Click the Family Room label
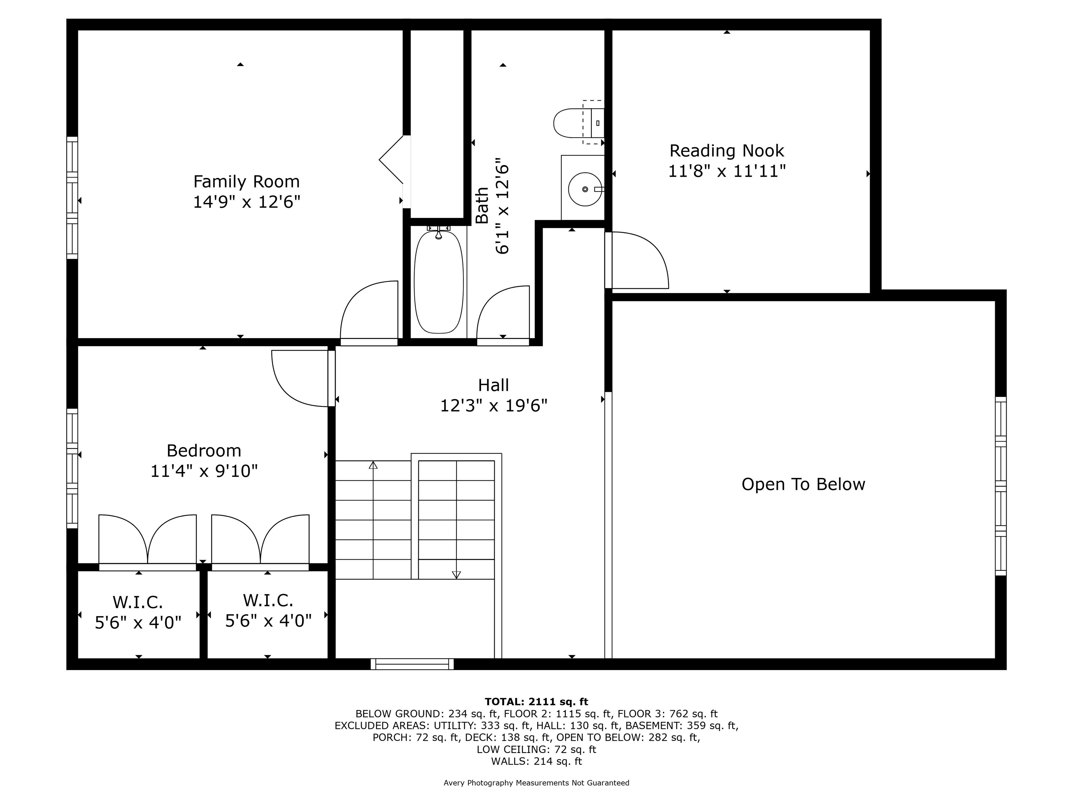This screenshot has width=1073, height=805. click(247, 181)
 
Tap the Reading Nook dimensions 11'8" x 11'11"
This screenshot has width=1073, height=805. click(727, 171)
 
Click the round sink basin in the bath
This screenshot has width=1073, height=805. click(584, 189)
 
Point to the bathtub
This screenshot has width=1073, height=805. click(438, 282)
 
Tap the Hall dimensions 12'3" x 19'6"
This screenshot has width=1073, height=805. click(493, 406)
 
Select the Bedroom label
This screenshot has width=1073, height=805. click(204, 451)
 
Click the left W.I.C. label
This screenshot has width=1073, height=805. click(138, 602)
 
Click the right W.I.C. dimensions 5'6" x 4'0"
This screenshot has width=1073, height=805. click(268, 621)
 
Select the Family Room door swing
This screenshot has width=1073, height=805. click(368, 311)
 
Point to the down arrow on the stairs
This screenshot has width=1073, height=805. click(456, 574)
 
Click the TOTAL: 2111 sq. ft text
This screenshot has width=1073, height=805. click(536, 702)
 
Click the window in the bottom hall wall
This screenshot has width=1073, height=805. click(412, 664)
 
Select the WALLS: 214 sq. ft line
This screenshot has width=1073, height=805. click(536, 761)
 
